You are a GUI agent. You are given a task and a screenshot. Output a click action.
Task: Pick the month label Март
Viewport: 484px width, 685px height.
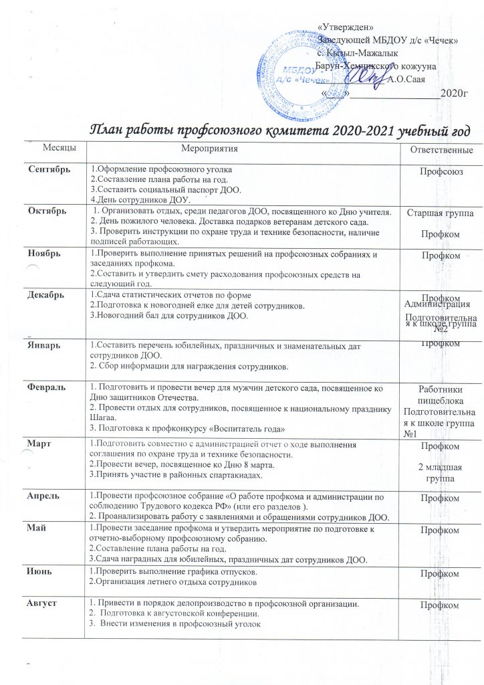tap(39, 444)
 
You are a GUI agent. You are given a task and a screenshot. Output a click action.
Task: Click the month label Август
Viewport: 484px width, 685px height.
tap(43, 605)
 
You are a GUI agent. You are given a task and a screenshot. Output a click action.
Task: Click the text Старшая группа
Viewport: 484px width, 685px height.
tap(437, 213)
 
